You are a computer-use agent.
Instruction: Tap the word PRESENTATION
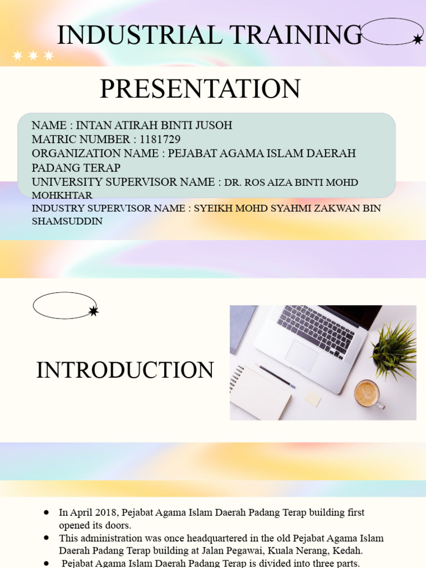click(200, 89)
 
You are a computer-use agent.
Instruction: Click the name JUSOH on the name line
click(214, 125)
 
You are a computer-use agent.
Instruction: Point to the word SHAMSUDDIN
click(67, 221)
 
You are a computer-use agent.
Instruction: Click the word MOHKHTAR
click(62, 195)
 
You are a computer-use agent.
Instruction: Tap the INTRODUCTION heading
click(125, 370)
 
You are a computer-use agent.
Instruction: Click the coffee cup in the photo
click(367, 394)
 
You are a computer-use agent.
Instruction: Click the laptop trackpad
click(303, 354)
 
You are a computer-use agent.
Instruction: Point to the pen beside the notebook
click(275, 376)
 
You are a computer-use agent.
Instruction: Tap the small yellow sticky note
click(313, 398)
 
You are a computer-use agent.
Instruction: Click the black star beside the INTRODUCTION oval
click(93, 311)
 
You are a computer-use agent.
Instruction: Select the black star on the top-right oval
click(417, 39)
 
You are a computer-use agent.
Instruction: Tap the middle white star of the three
click(33, 55)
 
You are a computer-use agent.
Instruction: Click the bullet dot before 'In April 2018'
click(47, 513)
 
